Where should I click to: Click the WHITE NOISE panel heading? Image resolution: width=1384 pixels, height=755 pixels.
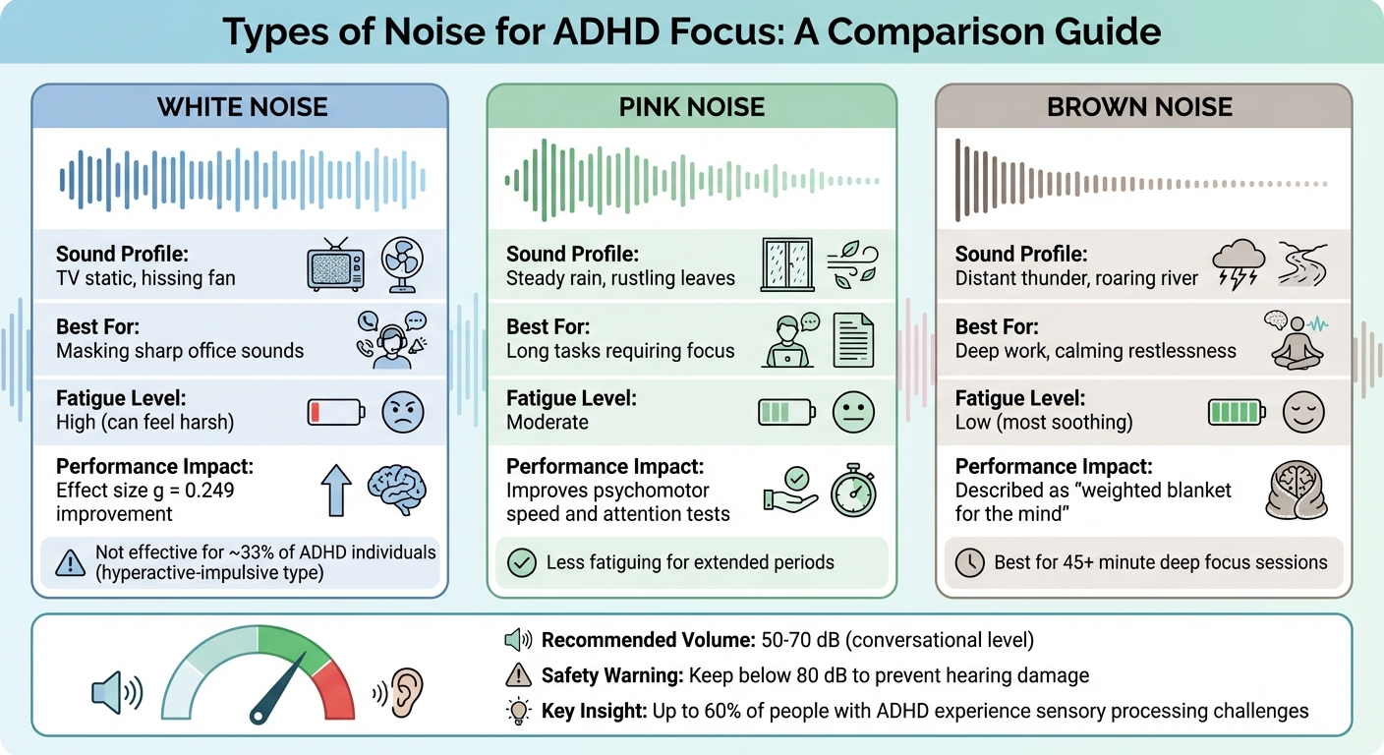click(242, 107)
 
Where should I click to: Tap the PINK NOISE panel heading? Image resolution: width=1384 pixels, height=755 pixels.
click(692, 107)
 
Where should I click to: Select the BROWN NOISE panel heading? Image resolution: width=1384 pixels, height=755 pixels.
click(1140, 107)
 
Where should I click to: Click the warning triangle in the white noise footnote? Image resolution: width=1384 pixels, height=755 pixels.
click(70, 562)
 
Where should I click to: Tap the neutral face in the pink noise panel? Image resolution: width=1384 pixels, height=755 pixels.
click(852, 411)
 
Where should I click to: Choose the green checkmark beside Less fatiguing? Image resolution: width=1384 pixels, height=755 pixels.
click(519, 562)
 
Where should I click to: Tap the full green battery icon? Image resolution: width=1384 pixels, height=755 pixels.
click(1237, 411)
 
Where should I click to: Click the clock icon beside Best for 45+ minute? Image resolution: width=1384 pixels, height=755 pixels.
click(969, 562)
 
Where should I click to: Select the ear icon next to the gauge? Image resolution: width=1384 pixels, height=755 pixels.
click(406, 692)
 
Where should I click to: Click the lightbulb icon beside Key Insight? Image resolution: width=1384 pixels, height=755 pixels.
click(519, 712)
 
